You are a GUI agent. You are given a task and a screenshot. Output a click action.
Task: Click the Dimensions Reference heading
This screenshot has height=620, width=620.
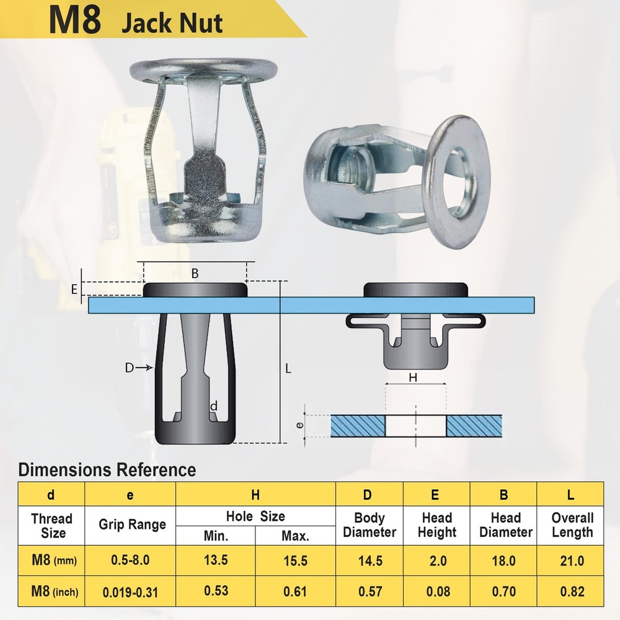click(x=107, y=469)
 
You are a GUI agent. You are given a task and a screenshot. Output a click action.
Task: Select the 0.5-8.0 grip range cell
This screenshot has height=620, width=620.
click(x=130, y=560)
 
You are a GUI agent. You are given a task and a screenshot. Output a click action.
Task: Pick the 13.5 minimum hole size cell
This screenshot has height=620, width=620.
click(x=216, y=560)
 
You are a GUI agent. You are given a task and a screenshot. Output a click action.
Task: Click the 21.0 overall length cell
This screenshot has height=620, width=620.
click(x=571, y=560)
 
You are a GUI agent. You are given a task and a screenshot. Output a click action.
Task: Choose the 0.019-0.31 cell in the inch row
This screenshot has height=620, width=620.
click(x=130, y=592)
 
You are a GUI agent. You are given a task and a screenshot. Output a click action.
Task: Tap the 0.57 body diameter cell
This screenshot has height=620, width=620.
click(x=370, y=592)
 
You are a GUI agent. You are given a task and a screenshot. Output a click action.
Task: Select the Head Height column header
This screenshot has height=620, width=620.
click(x=437, y=525)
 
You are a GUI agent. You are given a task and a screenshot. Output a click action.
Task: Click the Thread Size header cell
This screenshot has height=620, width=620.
click(x=51, y=525)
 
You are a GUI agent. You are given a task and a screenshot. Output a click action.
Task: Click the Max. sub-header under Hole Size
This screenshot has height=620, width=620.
click(x=295, y=536)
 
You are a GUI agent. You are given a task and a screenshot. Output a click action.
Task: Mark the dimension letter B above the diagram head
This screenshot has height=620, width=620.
click(x=195, y=273)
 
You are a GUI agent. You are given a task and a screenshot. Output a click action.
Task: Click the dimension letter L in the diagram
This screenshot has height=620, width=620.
click(x=288, y=368)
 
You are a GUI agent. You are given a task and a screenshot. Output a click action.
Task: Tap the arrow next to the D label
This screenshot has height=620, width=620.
click(x=144, y=368)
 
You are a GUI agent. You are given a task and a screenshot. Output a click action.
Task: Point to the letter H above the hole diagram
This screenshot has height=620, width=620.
click(x=412, y=376)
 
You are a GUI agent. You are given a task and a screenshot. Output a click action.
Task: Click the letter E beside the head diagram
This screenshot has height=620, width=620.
click(x=74, y=290)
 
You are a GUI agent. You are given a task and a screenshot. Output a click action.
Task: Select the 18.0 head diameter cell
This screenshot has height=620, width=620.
click(x=503, y=560)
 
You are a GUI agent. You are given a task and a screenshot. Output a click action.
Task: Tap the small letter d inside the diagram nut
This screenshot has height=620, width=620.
click(x=213, y=407)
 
